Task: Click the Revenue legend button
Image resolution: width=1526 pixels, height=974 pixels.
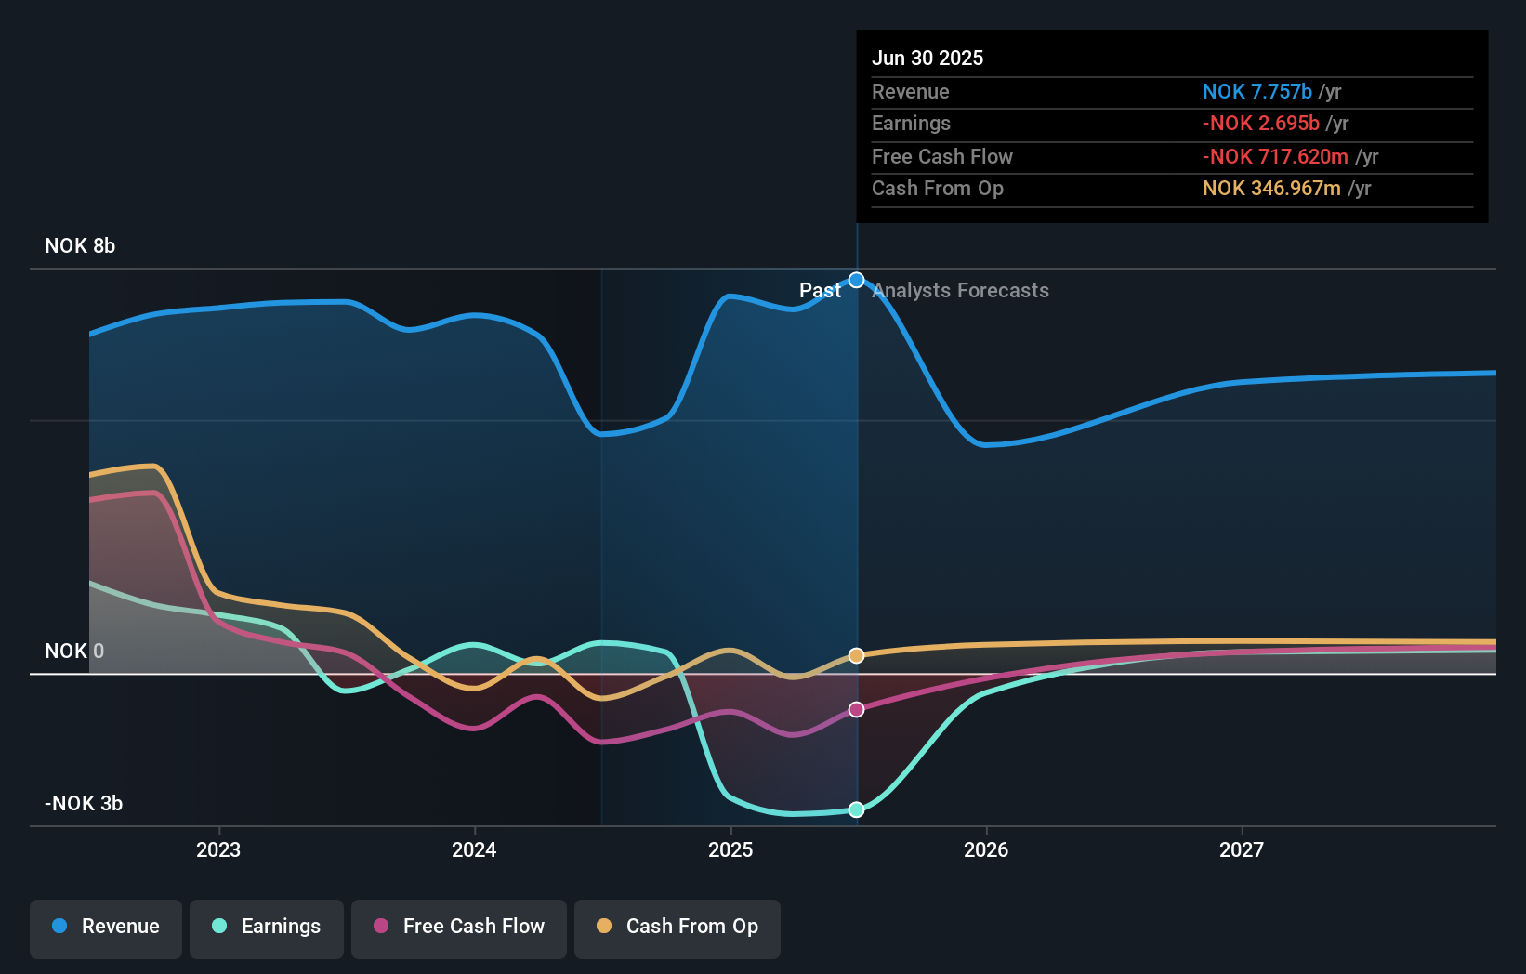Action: click(106, 928)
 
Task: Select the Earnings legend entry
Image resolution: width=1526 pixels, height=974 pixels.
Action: click(267, 928)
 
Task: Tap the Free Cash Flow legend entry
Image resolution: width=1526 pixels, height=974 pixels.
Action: click(459, 928)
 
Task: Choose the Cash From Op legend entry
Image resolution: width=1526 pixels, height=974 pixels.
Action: click(677, 928)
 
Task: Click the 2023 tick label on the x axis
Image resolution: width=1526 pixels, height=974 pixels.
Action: click(218, 850)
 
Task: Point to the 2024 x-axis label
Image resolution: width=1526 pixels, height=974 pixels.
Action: click(474, 850)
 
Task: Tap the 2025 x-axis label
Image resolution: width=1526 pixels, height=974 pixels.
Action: click(730, 850)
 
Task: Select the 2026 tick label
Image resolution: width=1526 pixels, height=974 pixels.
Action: click(986, 850)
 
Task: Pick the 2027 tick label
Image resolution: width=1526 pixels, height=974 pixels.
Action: click(1242, 850)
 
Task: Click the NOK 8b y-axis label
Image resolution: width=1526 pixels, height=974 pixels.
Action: click(80, 246)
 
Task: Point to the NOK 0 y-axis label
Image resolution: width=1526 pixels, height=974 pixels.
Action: click(74, 652)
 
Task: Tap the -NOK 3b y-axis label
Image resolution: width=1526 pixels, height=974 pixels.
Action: click(84, 804)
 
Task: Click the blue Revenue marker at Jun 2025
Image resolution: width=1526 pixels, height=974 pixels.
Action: click(857, 281)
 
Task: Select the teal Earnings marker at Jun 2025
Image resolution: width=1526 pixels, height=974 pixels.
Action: click(857, 809)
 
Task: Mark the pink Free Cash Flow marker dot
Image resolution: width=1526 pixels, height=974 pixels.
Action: click(857, 709)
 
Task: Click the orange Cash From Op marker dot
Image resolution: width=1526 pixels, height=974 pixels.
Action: click(857, 655)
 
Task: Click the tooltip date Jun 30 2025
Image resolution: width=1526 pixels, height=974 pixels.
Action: click(927, 59)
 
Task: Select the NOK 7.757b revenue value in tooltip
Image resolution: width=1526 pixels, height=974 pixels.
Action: click(1256, 92)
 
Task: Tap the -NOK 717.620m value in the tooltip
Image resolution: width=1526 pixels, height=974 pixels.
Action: click(1275, 157)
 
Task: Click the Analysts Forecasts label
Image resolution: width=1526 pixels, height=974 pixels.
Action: click(961, 291)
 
